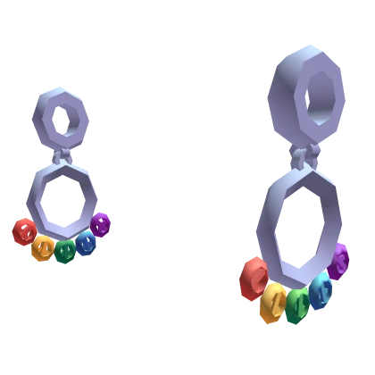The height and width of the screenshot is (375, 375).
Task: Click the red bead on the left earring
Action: pos(24,231)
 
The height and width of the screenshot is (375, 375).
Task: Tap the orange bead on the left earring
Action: pos(42,247)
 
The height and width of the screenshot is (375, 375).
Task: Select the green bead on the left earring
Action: pos(65,252)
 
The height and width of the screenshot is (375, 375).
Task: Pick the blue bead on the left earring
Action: pos(87,242)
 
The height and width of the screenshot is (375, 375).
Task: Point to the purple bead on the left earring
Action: pos(101,223)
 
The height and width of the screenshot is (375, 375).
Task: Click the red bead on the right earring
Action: pos(254,279)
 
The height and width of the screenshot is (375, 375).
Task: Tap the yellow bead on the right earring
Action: pos(273,303)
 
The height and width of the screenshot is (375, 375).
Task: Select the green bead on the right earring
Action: pos(298,305)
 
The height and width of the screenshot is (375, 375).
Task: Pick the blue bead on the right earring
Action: pos(321,289)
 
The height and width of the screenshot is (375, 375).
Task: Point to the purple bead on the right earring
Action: pos(339,262)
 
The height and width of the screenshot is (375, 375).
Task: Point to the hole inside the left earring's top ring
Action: pos(63,118)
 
